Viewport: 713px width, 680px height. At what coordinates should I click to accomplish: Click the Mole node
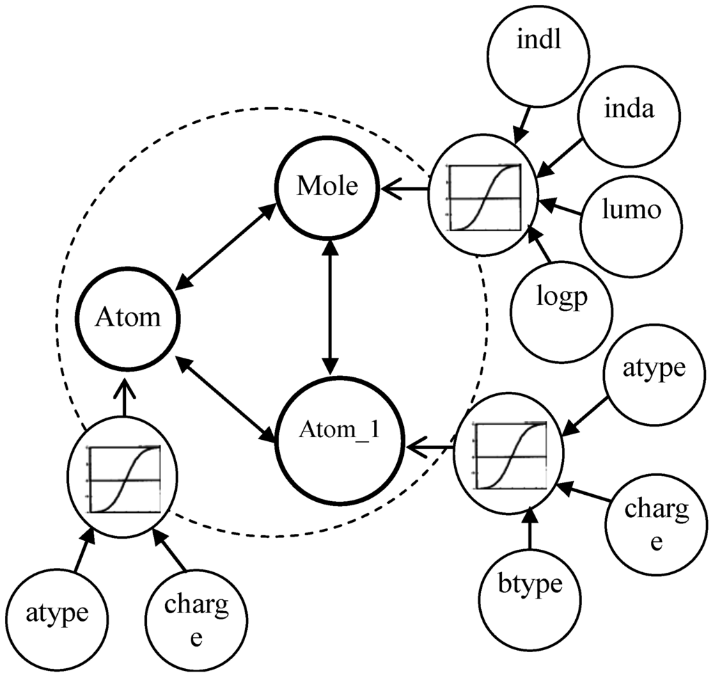coord(327,187)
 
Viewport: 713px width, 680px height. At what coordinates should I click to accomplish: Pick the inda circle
coord(629,111)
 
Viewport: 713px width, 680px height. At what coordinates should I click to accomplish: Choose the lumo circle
coord(631,210)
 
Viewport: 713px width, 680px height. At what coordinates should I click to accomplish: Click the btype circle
coord(531,584)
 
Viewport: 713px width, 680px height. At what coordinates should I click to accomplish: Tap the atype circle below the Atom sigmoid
coord(58,612)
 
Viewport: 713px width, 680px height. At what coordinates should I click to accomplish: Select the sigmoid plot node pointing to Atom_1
coord(510,453)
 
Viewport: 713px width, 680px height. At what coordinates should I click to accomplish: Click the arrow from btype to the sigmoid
coord(531,529)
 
